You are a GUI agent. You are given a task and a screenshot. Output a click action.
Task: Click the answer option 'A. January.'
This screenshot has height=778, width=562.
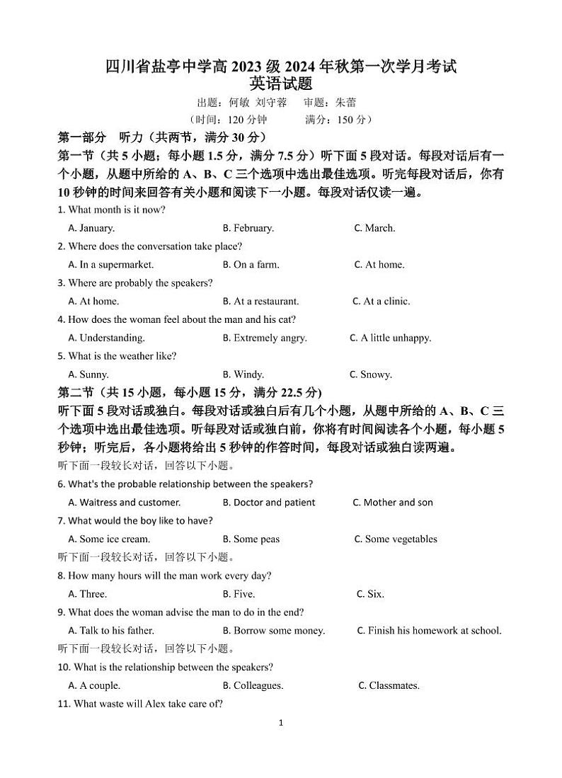(91, 228)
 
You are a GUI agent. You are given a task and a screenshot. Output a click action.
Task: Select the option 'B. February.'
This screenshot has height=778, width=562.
(248, 228)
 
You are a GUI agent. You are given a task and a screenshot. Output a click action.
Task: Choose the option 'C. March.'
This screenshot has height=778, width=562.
(374, 228)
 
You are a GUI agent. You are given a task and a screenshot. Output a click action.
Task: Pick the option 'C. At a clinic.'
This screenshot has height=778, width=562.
(381, 301)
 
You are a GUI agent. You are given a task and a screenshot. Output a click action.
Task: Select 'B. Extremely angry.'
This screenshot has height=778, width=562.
(265, 338)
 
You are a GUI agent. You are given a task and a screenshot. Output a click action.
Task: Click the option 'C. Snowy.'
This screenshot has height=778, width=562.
(371, 374)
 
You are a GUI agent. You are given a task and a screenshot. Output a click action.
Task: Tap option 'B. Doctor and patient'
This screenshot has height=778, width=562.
(269, 503)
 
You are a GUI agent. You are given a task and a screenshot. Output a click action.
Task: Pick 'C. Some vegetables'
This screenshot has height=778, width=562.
(396, 539)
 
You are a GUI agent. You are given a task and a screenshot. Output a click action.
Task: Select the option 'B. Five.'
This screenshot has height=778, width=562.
(239, 594)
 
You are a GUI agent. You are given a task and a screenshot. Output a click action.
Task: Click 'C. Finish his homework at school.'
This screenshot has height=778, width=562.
(429, 631)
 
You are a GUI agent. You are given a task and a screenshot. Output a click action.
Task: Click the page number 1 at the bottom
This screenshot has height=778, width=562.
(281, 723)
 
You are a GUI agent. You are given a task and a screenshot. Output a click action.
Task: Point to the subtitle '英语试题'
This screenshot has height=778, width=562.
(281, 84)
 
